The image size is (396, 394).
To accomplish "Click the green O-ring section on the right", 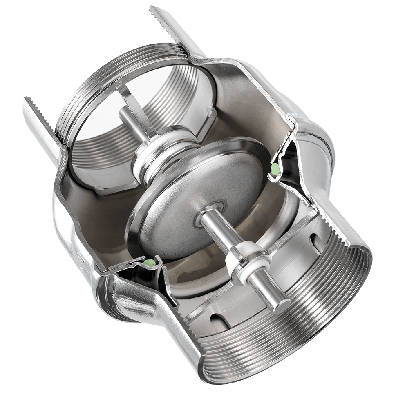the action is coord(275,167).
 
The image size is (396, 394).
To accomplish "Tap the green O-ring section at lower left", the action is coord(150,261).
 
